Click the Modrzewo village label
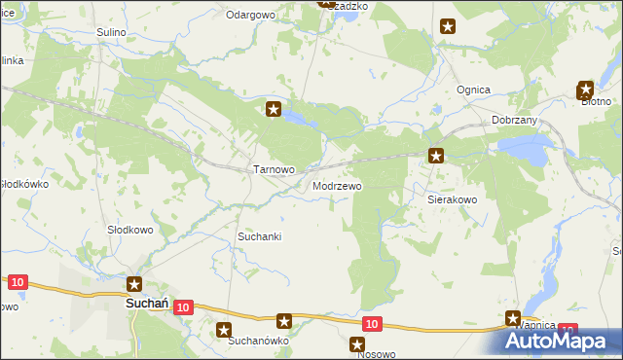338,185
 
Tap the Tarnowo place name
274,169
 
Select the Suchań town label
149,304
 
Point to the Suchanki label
260,236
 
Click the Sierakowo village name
453,198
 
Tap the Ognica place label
473,90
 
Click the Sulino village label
112,32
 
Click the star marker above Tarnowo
275,109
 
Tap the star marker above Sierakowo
437,155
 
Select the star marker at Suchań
135,284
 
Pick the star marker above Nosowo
357,344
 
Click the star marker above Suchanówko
225,331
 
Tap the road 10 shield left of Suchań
17,282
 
